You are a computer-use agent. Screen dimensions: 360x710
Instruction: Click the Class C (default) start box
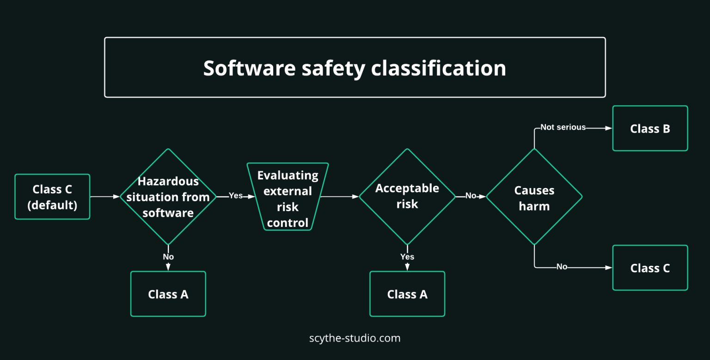52,197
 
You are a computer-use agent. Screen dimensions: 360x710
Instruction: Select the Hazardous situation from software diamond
168,197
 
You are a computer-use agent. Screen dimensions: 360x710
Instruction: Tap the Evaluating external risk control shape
288,197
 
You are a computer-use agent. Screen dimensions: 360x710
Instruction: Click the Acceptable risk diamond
407,196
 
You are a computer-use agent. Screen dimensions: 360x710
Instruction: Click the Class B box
650,128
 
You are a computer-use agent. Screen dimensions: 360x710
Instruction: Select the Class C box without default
650,268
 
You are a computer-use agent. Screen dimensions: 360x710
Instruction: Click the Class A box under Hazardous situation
168,294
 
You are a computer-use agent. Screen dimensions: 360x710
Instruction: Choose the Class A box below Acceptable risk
407,294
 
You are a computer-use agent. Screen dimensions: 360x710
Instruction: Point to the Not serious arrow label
563,127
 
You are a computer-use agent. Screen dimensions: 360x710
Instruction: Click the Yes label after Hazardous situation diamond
236,195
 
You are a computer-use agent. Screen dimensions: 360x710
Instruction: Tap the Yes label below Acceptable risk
407,256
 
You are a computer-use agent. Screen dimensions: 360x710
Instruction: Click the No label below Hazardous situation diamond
168,256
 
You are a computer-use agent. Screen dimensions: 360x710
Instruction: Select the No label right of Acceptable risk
471,195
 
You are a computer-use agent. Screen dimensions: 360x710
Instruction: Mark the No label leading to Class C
562,267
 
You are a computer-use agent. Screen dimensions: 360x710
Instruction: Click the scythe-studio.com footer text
355,338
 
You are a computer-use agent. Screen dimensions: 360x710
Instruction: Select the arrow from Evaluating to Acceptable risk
340,196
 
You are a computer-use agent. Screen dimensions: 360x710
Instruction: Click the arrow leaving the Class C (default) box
105,196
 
